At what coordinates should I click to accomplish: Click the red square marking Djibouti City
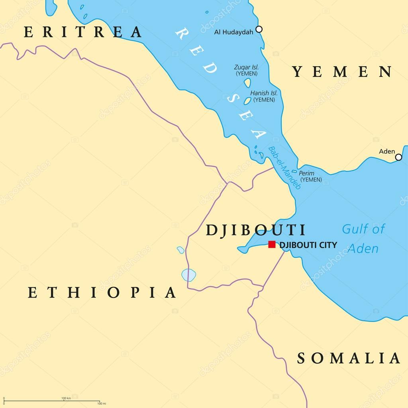(272, 244)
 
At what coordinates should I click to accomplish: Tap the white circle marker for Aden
(398, 157)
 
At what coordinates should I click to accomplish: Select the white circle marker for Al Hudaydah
(259, 29)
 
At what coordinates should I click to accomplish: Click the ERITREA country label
(82, 32)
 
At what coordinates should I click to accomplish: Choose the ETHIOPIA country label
(102, 293)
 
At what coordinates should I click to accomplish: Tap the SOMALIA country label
(349, 358)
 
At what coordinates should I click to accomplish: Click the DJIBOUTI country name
(255, 230)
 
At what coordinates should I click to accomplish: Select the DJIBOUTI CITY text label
(308, 245)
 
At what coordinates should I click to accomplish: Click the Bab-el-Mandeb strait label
(284, 168)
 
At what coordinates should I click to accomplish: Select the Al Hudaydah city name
(233, 32)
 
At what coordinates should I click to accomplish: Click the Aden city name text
(386, 151)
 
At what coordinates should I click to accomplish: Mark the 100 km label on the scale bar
(66, 398)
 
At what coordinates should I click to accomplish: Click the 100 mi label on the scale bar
(101, 404)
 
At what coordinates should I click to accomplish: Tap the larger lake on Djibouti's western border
(188, 275)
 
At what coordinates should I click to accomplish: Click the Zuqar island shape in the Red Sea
(247, 82)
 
